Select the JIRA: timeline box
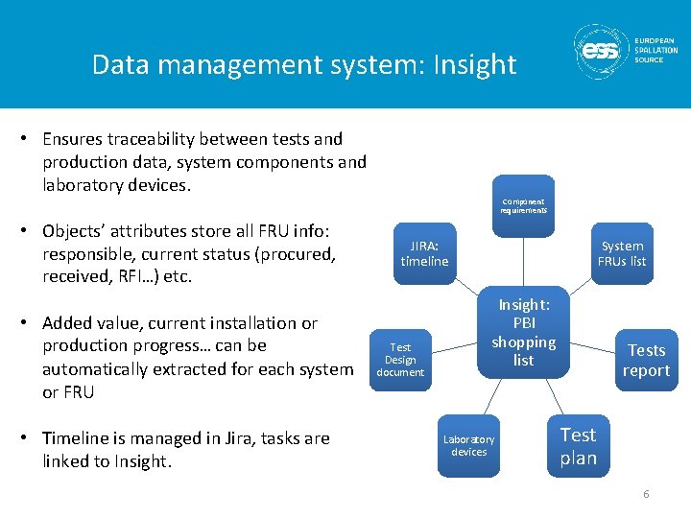click(x=424, y=253)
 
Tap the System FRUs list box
click(x=622, y=253)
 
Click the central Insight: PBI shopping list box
click(x=523, y=332)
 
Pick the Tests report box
click(x=646, y=360)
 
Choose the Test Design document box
click(x=400, y=360)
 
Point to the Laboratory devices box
click(x=468, y=445)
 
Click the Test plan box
click(x=578, y=446)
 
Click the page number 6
click(x=646, y=494)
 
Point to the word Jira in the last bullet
click(x=241, y=438)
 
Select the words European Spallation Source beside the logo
click(x=655, y=50)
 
